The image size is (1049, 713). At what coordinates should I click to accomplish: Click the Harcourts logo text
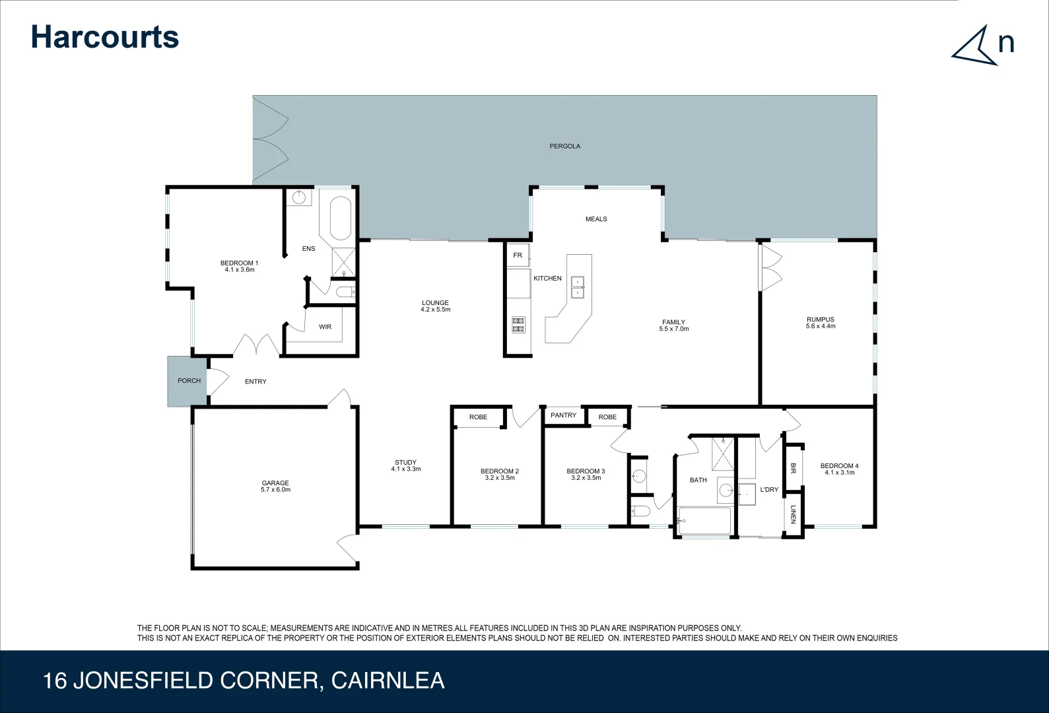[x=105, y=37]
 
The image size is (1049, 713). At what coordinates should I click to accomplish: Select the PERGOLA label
[x=564, y=146]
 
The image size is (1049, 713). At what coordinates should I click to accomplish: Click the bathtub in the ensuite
[x=341, y=218]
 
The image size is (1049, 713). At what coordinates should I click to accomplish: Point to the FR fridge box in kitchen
[x=518, y=255]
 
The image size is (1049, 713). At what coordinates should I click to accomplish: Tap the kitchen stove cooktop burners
[x=518, y=324]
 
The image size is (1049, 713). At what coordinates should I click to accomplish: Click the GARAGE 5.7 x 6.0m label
[x=275, y=487]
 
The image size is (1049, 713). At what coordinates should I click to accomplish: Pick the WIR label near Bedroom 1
[x=325, y=327]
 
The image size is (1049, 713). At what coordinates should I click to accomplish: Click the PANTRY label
[x=563, y=415]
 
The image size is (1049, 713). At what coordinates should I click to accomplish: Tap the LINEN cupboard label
[x=793, y=514]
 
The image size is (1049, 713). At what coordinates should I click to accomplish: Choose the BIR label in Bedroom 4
[x=793, y=467]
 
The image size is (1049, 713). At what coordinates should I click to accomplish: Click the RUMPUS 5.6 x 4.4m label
[x=820, y=323]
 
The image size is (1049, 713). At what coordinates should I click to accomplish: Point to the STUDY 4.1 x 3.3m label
[x=405, y=465]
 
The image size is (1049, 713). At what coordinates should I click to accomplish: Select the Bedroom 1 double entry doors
[x=257, y=345]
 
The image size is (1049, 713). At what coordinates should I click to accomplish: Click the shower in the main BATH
[x=723, y=454]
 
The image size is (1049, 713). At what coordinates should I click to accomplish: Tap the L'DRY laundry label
[x=769, y=490]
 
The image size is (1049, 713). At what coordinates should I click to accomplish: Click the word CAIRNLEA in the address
[x=388, y=681]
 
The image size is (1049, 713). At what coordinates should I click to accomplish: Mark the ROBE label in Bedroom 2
[x=478, y=417]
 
